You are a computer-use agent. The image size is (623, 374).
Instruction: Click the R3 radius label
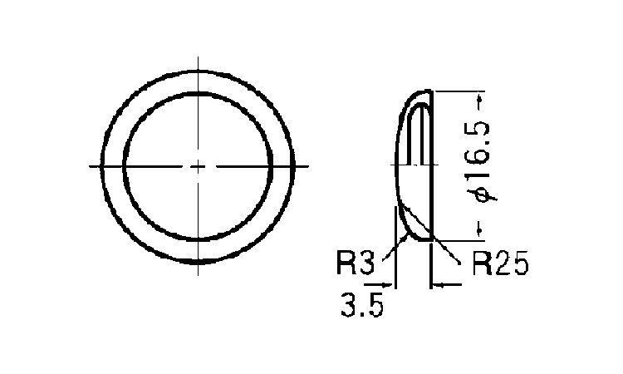tap(356, 263)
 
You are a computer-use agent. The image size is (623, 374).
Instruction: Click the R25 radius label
tap(501, 263)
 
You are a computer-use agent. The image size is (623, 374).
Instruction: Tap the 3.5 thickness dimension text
tap(362, 305)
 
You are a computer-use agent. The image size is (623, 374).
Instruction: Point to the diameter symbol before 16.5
tap(482, 194)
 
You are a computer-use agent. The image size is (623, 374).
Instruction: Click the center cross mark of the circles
tap(198, 166)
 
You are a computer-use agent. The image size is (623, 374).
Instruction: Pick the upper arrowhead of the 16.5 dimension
tap(479, 96)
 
